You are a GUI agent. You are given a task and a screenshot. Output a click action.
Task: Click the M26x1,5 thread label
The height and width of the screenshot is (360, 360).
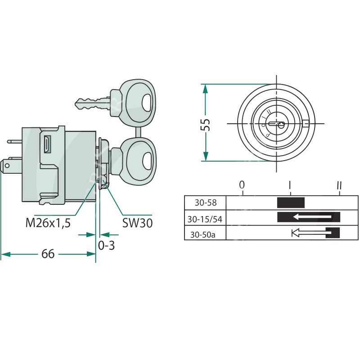pos(48,223)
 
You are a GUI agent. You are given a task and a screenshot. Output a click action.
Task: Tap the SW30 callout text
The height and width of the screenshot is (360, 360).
pos(137,223)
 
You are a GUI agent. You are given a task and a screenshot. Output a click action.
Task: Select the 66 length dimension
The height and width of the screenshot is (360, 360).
pos(48,254)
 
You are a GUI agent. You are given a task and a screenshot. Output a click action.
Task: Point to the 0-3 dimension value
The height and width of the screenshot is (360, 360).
pos(106,245)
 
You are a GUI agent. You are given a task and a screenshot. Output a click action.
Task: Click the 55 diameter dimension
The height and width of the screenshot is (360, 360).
pos(206,125)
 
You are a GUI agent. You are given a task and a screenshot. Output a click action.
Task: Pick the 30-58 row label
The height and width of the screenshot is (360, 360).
pos(206,203)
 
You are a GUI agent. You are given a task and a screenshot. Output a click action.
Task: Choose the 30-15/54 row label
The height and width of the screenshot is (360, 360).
pos(205,219)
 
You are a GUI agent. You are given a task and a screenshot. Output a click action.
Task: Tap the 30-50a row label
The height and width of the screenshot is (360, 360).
pos(203,234)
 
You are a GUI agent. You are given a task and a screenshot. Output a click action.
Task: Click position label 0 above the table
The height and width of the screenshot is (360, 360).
pos(242,185)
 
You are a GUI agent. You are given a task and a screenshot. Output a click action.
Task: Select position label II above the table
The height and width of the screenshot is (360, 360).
pos(339,185)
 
